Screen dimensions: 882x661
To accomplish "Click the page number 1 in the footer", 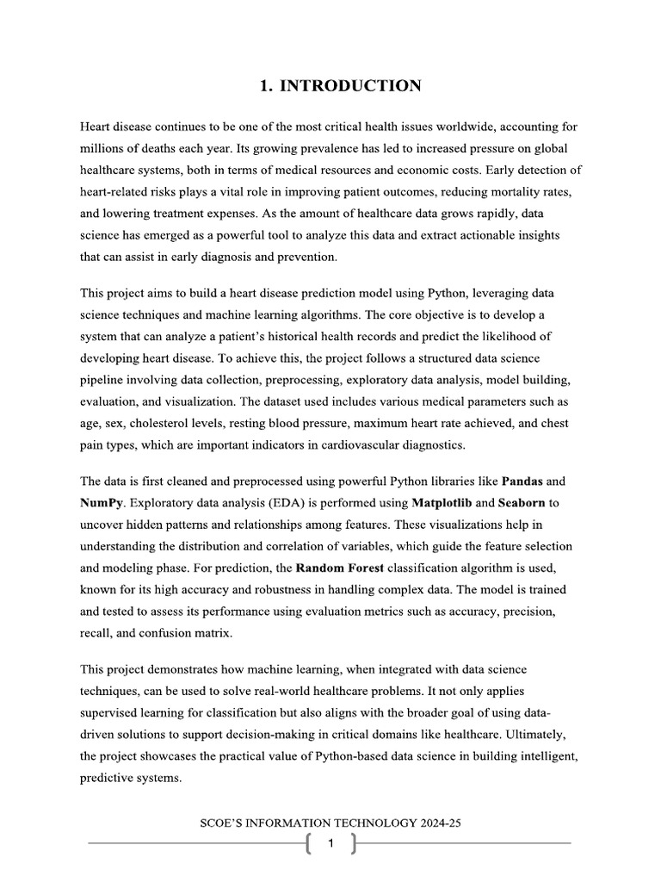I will click(331, 844).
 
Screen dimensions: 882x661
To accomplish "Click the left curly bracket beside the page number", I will click(308, 844).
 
